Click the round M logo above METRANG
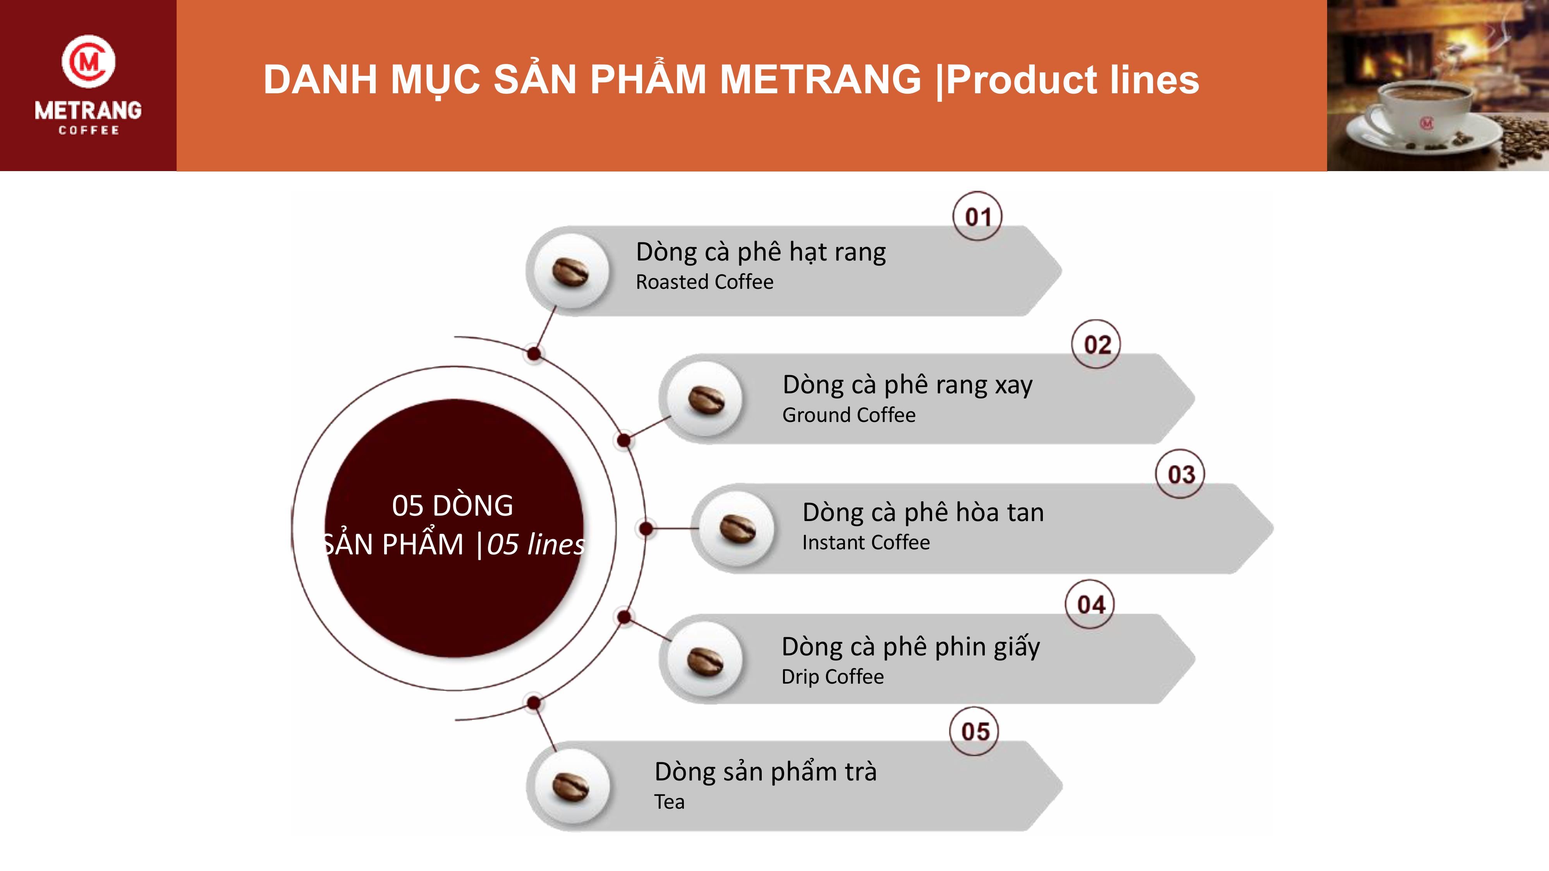tap(88, 61)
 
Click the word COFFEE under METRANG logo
tap(88, 130)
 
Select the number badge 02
tap(1096, 345)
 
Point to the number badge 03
tap(1180, 474)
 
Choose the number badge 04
tap(1090, 604)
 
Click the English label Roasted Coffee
tap(704, 282)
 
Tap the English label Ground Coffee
tap(848, 415)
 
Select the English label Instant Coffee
tap(866, 542)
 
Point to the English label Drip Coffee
tap(832, 676)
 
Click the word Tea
tap(669, 802)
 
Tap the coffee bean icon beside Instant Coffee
tap(738, 529)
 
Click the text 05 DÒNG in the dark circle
tap(452, 506)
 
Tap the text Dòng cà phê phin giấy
tap(910, 647)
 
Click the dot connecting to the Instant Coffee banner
tap(646, 529)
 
